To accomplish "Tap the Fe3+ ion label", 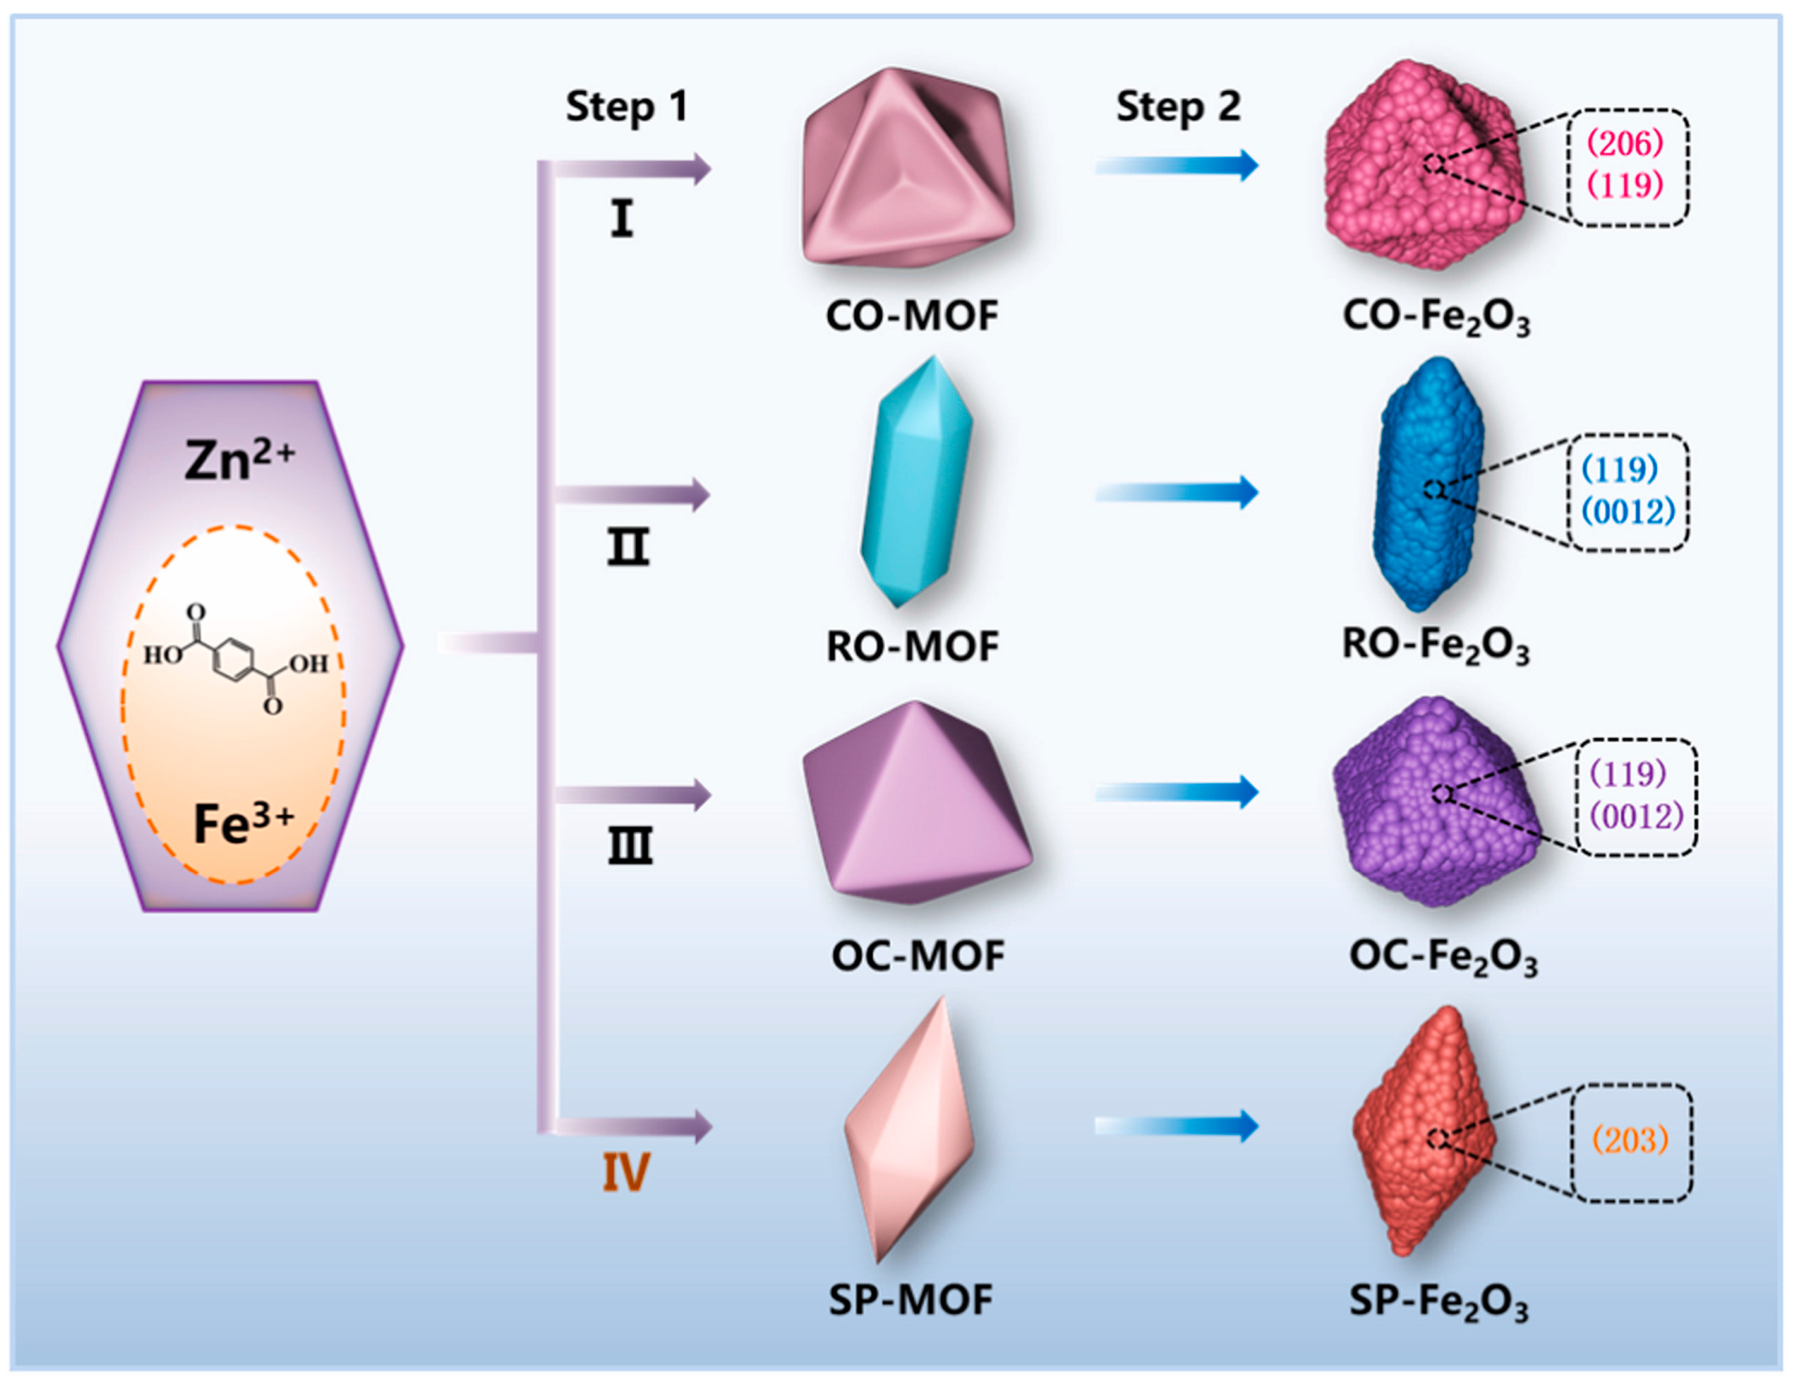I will tap(242, 823).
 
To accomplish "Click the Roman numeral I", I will tap(622, 220).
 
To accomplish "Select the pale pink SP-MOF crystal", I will tap(909, 1131).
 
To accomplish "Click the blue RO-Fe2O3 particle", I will tap(1428, 484).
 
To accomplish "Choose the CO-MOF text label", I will tap(911, 316).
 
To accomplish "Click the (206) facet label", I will tap(1625, 144).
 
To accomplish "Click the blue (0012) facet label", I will tap(1629, 512).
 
